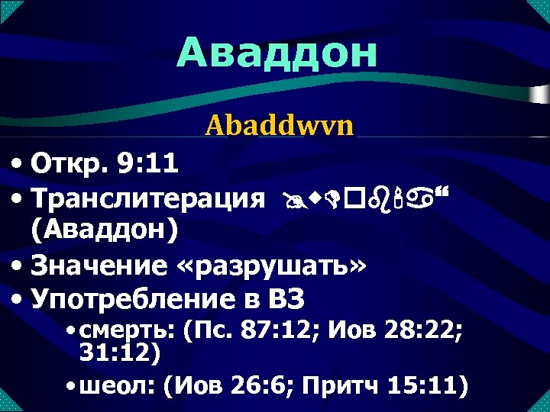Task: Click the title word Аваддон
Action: (x=277, y=53)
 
